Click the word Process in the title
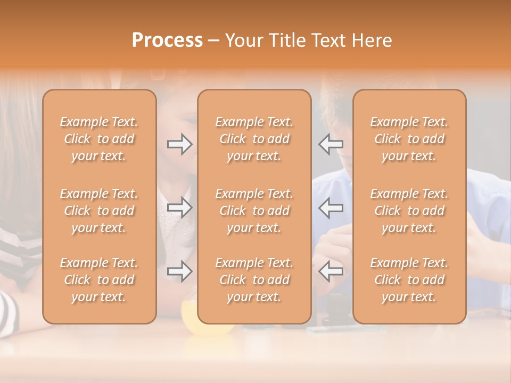pyautogui.click(x=167, y=40)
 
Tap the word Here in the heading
pyautogui.click(x=372, y=40)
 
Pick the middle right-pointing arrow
pyautogui.click(x=179, y=207)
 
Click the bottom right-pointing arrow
pyautogui.click(x=179, y=271)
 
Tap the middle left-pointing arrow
pyautogui.click(x=331, y=207)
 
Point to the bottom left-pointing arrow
pyautogui.click(x=331, y=271)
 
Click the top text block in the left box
pyautogui.click(x=99, y=139)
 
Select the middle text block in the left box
pyautogui.click(x=99, y=211)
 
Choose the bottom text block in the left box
pyautogui.click(x=99, y=280)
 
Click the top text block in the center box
pyautogui.click(x=254, y=139)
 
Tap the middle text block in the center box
pyautogui.click(x=254, y=211)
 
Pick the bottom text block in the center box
pyautogui.click(x=254, y=280)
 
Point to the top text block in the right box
pyautogui.click(x=409, y=139)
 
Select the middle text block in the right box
pyautogui.click(x=409, y=211)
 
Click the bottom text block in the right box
pyautogui.click(x=409, y=280)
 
